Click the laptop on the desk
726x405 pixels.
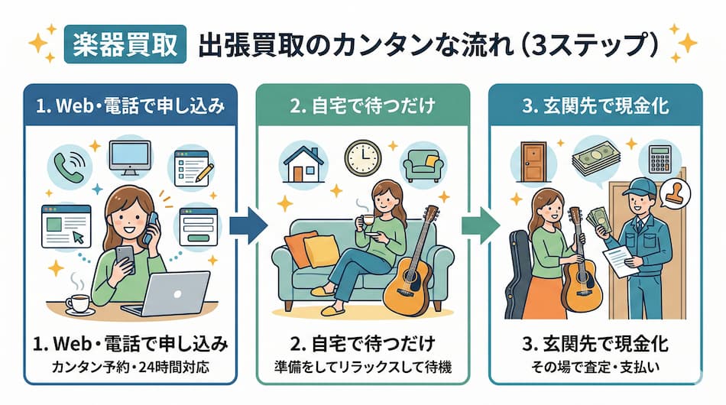[x=172, y=294]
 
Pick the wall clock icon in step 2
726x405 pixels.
[x=362, y=157]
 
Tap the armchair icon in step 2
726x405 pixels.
[x=423, y=163]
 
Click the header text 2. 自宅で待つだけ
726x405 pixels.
[x=362, y=105]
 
